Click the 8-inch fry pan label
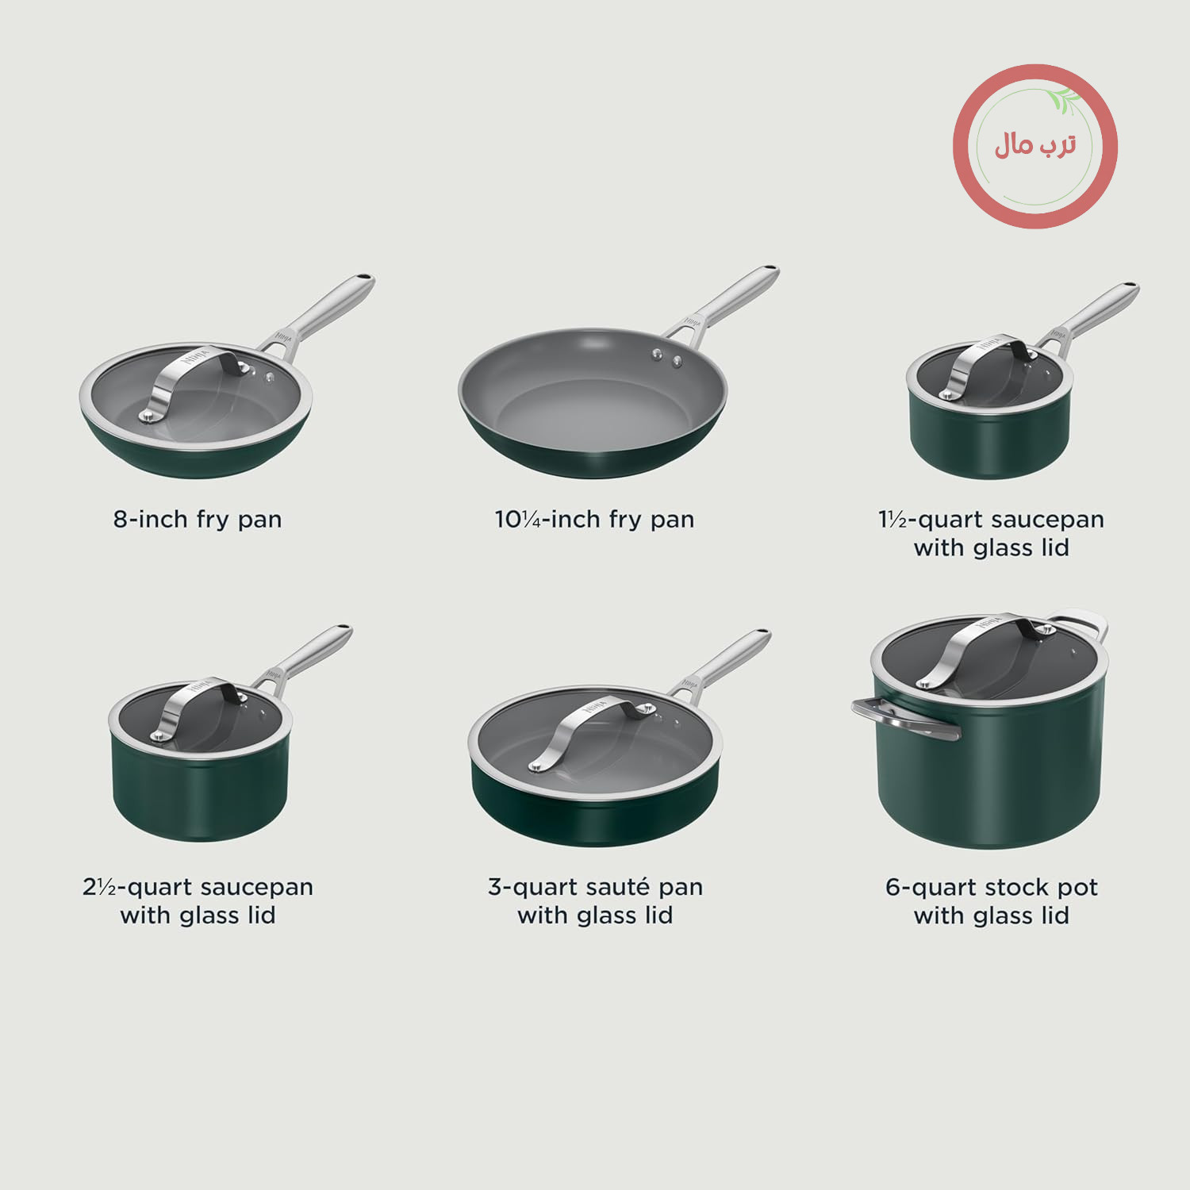[198, 520]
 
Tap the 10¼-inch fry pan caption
[594, 520]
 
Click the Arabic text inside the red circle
[1035, 145]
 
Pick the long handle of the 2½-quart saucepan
[305, 656]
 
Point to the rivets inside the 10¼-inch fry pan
[667, 358]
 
